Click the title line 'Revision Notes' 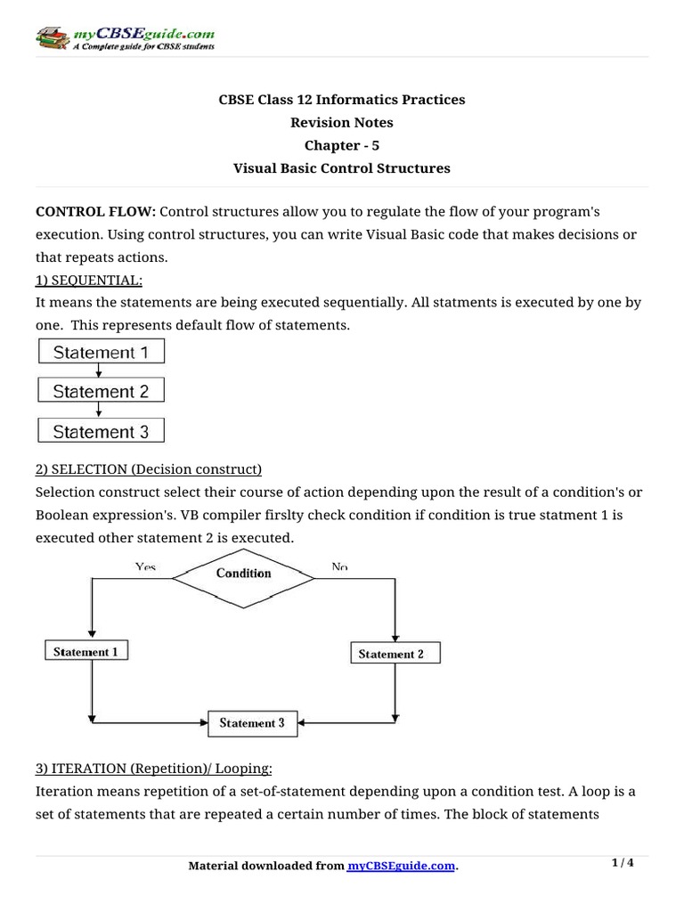[342, 122]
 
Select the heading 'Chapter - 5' [342, 145]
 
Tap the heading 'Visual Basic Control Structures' [342, 168]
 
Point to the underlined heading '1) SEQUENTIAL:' [88, 280]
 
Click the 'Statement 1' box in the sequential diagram [101, 353]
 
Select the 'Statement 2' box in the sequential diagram [101, 392]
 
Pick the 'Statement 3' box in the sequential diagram [101, 432]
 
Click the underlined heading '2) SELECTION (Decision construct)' [149, 469]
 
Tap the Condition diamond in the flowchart [243, 574]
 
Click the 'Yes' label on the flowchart [145, 566]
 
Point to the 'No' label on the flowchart [338, 566]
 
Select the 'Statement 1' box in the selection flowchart [85, 652]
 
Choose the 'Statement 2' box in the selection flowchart [391, 654]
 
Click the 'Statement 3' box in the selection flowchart [252, 723]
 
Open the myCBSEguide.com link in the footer [401, 867]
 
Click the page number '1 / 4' [623, 863]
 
